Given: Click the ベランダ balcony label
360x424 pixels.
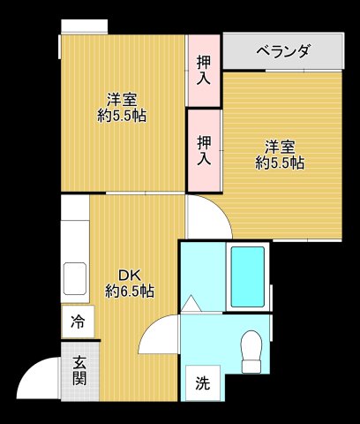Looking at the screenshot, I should [283, 51].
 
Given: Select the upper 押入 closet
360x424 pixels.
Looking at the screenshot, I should [204, 70].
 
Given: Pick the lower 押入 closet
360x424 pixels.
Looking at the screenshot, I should [204, 149].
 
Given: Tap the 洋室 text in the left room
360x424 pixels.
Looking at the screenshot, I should [123, 98].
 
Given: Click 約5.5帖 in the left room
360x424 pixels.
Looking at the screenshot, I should [123, 115].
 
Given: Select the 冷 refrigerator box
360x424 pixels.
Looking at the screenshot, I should [79, 322].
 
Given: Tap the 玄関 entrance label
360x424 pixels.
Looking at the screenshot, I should [79, 370].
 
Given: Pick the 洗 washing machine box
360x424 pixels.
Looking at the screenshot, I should [203, 383].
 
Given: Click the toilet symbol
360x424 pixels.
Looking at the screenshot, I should [253, 352].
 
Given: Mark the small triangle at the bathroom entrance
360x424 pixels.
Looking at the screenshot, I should [191, 304].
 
